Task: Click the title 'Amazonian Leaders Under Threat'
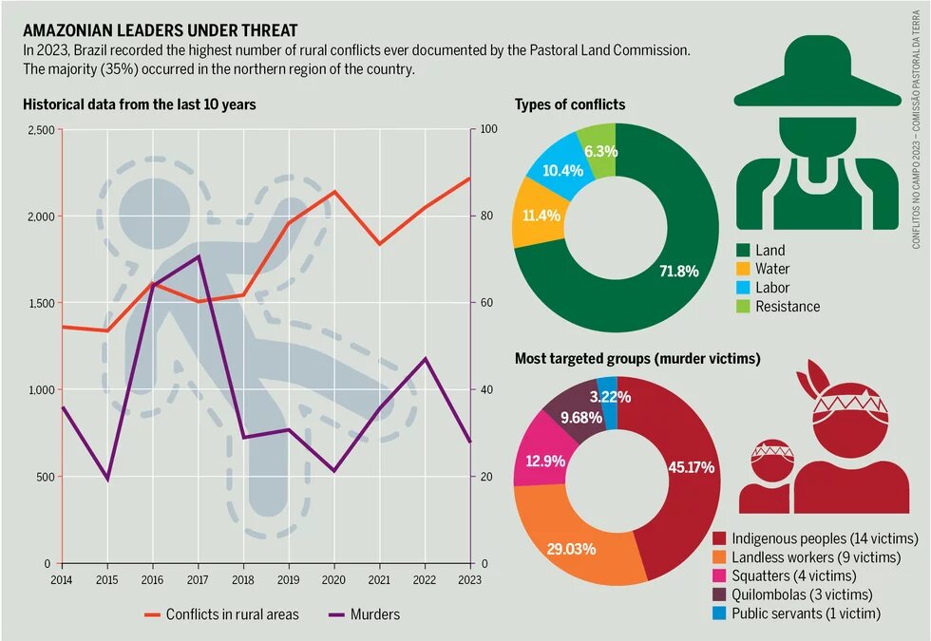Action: [160, 30]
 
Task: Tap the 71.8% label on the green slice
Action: [678, 271]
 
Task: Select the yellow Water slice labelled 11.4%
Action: [541, 215]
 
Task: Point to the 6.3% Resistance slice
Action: [600, 151]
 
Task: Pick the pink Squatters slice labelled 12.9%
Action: [541, 461]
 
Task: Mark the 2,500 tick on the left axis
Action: [39, 130]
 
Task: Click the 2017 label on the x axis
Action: [198, 578]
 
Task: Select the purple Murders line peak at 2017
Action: [199, 256]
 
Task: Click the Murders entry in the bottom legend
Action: [374, 614]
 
